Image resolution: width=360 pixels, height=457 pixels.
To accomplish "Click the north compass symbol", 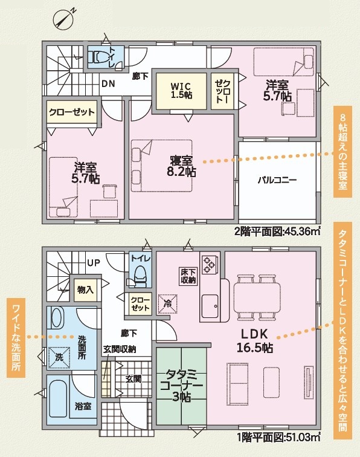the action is coord(63,19).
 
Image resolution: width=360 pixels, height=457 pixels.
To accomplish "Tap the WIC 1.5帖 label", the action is coord(181,90).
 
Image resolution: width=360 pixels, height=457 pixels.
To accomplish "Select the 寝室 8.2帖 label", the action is coord(181,166).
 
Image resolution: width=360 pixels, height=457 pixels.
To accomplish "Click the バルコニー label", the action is coord(277,180).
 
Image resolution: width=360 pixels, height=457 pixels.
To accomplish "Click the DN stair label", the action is coord(108,84).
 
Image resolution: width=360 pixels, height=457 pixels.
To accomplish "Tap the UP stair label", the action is coord(94,263).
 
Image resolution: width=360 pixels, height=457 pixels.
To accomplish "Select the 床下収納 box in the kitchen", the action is coord(188,276).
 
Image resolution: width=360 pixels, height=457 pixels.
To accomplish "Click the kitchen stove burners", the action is coord(209,265).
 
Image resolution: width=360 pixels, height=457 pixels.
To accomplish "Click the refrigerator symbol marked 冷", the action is coord(167,303).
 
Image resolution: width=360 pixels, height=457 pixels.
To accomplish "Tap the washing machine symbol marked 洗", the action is coord(59,357).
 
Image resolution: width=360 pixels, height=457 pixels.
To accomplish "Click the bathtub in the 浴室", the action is coord(57,398).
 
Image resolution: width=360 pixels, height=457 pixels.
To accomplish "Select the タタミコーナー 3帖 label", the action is coord(181,385).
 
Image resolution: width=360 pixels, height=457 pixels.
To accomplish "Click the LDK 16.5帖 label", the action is coord(254,341).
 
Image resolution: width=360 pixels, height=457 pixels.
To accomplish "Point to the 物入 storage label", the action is coord(85,290).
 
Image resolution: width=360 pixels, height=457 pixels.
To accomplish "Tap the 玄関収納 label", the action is coord(120,349).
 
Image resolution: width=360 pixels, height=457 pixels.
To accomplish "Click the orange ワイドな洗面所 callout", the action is coord(16,338).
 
